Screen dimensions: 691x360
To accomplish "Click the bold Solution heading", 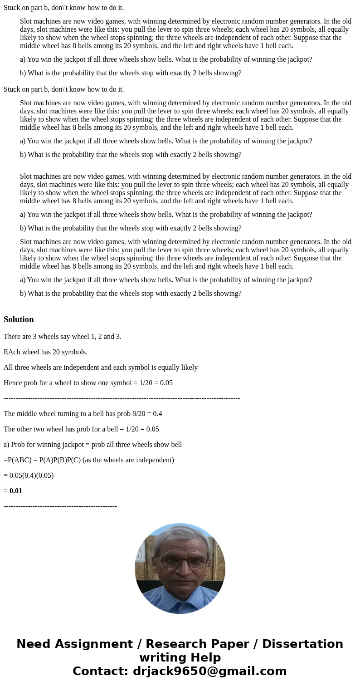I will click(x=19, y=319).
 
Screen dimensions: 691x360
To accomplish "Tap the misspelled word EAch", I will click(x=11, y=352).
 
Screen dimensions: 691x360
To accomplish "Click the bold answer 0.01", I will click(x=16, y=491).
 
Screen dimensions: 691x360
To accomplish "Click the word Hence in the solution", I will click(x=13, y=383).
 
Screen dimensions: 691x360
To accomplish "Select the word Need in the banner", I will click(x=34, y=644).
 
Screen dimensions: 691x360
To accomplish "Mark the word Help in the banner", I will click(x=202, y=658).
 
